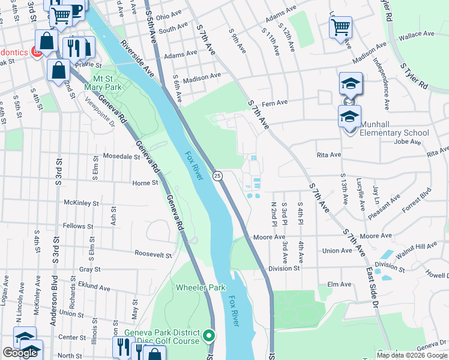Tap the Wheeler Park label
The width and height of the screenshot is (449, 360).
(x=200, y=287)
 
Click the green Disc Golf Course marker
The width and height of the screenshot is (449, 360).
(x=209, y=335)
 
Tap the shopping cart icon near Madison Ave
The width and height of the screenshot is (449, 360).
(x=340, y=27)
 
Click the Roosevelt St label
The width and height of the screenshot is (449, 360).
(x=153, y=254)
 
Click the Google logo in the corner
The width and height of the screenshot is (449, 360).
(x=20, y=353)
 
